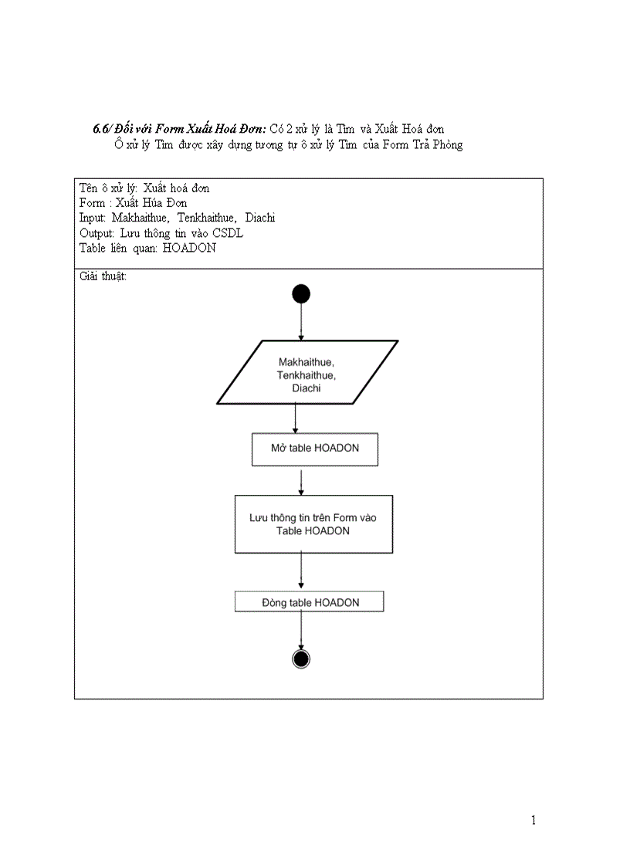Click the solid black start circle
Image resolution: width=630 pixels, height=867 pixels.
[x=300, y=293]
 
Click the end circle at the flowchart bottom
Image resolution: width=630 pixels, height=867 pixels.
[x=301, y=658]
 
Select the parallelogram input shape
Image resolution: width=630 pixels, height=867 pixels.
[x=307, y=373]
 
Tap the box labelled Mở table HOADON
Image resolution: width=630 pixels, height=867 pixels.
[x=314, y=449]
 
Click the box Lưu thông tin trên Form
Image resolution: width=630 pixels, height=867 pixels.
[x=313, y=524]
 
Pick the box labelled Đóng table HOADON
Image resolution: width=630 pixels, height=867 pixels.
[x=309, y=602]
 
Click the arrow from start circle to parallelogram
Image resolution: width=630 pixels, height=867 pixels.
[x=300, y=322]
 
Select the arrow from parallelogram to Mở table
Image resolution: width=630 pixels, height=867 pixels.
[x=295, y=418]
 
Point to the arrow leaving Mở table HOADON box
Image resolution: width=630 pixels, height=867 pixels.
[x=300, y=480]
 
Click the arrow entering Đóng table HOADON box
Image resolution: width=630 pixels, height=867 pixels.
[x=300, y=572]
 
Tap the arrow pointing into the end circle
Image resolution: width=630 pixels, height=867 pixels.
[x=300, y=631]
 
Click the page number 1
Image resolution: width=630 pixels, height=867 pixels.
[x=533, y=820]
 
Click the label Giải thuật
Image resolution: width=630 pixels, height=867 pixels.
[x=103, y=276]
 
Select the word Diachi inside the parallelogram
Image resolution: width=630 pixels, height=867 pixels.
[x=307, y=389]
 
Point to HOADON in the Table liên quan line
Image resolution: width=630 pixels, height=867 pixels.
[x=189, y=248]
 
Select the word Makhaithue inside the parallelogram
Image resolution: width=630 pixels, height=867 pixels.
[x=307, y=361]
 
